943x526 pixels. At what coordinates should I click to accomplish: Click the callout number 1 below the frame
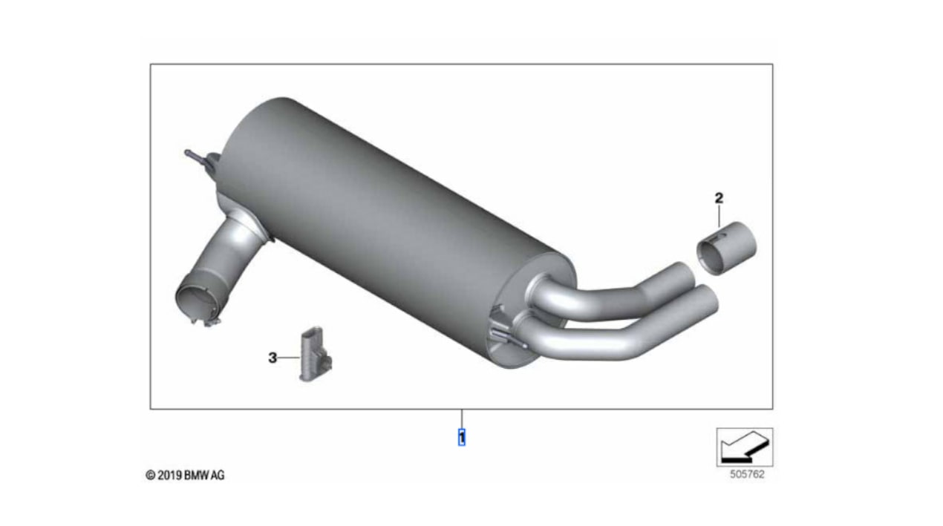462,438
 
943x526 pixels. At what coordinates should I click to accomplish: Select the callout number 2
719,197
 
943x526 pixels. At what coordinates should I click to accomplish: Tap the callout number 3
273,358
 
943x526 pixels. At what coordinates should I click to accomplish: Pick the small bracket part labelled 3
316,355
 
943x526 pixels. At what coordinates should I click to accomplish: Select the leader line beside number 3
289,358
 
